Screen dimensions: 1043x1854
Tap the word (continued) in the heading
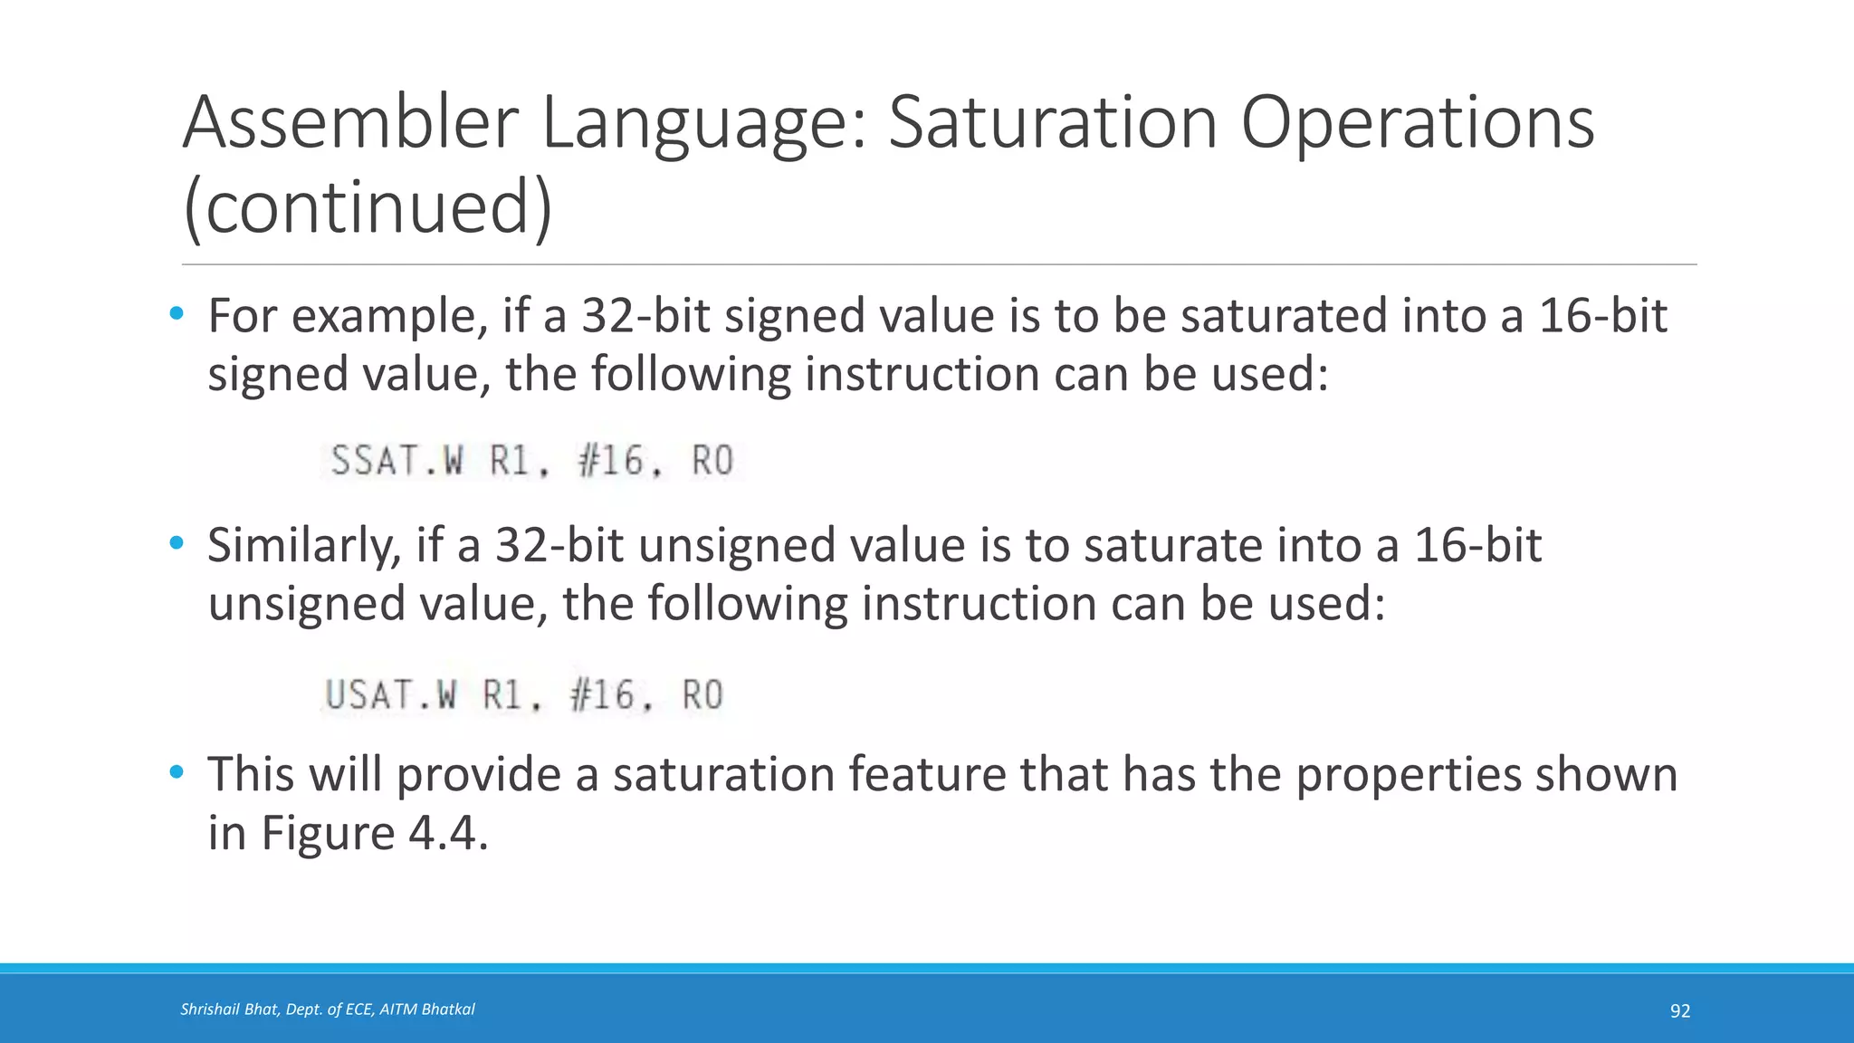pos(367,207)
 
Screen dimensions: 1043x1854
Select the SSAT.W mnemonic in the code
pos(397,461)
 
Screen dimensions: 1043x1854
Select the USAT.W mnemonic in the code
pos(391,695)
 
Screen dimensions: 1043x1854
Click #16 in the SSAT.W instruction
pos(611,461)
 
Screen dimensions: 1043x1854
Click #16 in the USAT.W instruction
pos(603,695)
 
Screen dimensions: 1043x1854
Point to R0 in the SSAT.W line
pos(712,461)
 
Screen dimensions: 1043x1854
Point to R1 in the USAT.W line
pos(503,695)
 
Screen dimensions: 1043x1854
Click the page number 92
pos(1680,1011)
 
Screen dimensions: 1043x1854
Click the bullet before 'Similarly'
pos(177,544)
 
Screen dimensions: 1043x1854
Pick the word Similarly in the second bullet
pos(303,546)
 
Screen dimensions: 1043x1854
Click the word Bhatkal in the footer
pos(449,1010)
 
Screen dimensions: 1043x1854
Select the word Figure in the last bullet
pos(328,834)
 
